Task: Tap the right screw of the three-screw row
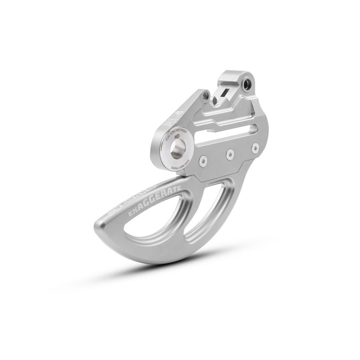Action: [x=255, y=147]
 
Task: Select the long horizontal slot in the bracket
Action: [x=226, y=135]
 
